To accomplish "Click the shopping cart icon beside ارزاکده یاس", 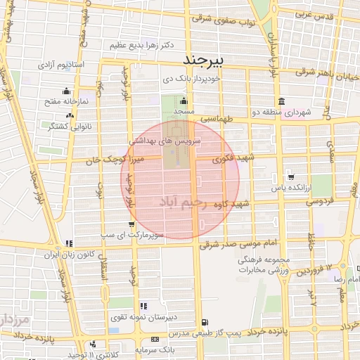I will (x=290, y=176).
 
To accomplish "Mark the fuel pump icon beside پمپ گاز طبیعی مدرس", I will (x=205, y=322).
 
